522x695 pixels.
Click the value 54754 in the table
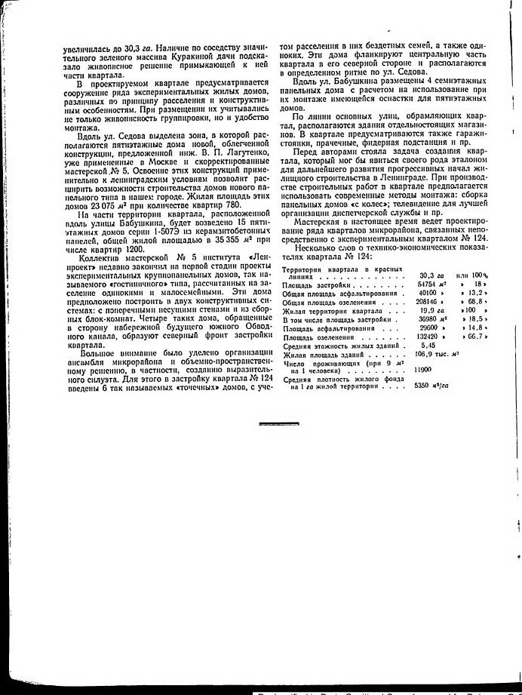coord(428,284)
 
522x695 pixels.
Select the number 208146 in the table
coord(428,301)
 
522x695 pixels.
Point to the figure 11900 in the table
coord(422,371)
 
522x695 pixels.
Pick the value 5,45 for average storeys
coord(428,345)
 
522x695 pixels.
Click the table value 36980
coord(428,319)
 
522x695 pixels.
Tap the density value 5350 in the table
coord(426,386)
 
